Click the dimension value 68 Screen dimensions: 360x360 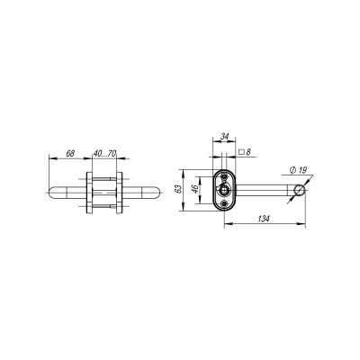click(70, 153)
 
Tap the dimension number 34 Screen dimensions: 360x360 click(223, 137)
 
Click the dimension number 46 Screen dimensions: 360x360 click(195, 191)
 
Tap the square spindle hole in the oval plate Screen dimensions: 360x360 click(223, 190)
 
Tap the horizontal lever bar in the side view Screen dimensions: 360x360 click(265, 190)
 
